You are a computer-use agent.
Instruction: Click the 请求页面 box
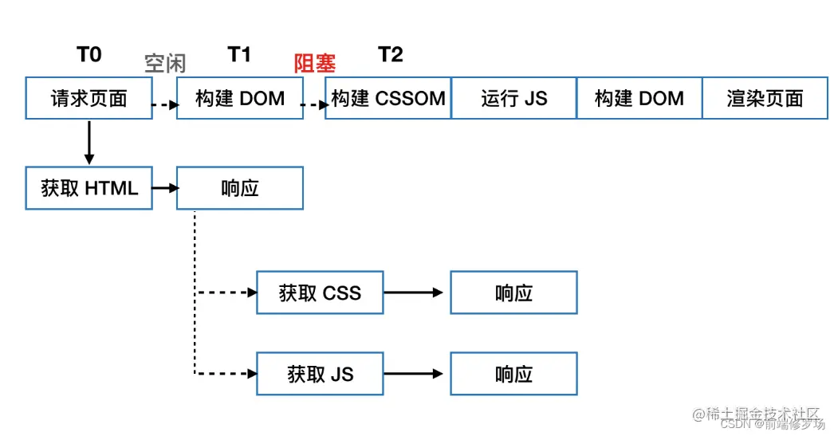[89, 99]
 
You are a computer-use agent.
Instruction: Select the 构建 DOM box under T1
[239, 99]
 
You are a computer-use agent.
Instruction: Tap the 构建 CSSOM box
[388, 99]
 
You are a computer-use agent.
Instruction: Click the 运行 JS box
[513, 99]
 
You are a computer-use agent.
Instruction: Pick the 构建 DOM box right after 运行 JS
[639, 99]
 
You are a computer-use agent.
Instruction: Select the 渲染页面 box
[765, 99]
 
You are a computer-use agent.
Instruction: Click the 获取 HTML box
[89, 189]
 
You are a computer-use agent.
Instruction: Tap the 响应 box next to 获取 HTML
[239, 189]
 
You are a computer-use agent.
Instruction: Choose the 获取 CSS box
[320, 293]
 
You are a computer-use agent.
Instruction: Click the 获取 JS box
[320, 374]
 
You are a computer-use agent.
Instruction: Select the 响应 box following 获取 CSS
[513, 293]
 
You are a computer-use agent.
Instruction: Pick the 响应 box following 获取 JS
[513, 374]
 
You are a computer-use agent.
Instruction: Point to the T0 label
[89, 54]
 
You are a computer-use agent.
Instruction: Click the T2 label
[390, 54]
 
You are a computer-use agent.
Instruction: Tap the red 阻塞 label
[315, 64]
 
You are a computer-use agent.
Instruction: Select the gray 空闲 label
[165, 64]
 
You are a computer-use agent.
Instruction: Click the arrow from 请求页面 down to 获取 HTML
[89, 143]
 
